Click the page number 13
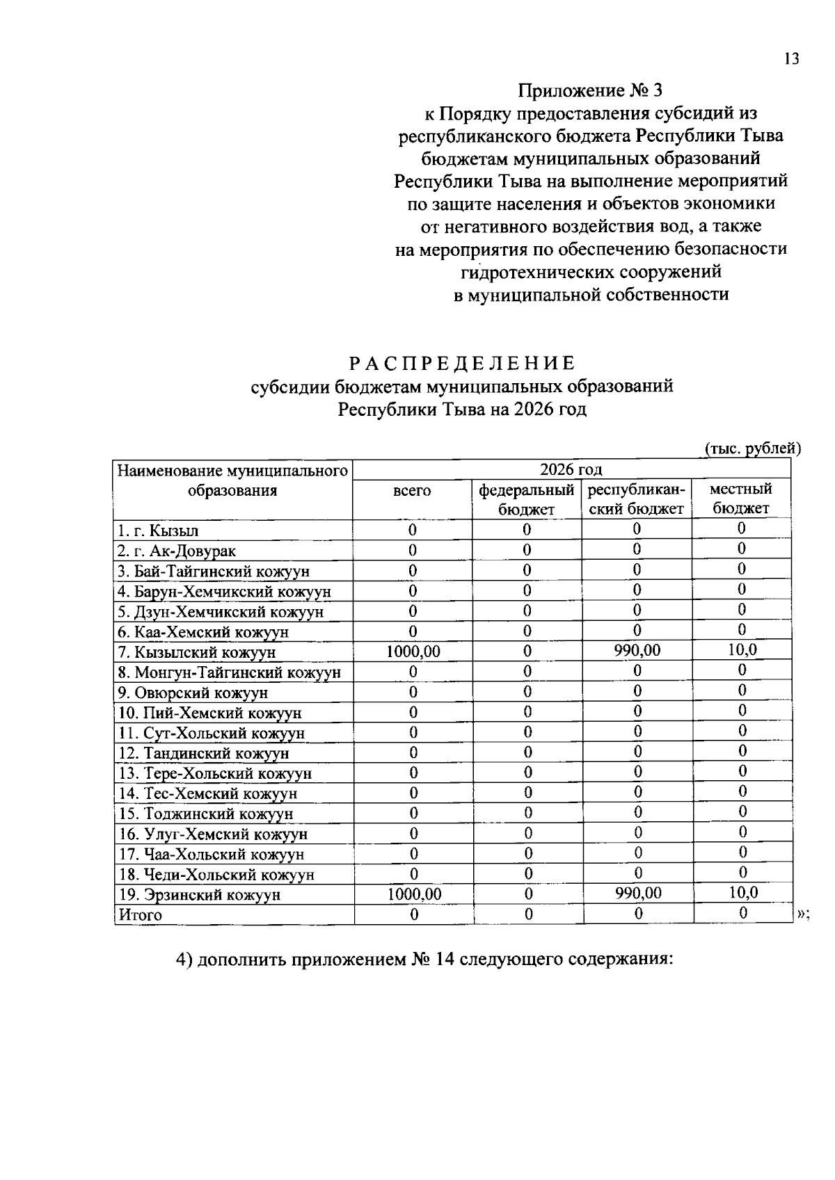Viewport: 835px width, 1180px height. [x=791, y=59]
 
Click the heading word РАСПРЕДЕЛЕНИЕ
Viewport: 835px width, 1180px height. [x=462, y=363]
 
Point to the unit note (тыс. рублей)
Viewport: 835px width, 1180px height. [x=752, y=448]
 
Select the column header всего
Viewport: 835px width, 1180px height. [x=412, y=491]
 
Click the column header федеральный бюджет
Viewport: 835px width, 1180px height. [x=527, y=499]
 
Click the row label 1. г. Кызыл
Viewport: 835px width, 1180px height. [x=158, y=531]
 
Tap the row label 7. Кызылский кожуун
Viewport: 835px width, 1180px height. [x=196, y=652]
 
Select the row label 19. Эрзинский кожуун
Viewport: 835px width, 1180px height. [x=199, y=895]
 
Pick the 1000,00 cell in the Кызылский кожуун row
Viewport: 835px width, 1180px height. [x=413, y=652]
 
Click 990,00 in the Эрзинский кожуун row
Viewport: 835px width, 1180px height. [x=638, y=893]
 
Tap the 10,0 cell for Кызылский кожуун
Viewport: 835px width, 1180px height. [x=742, y=650]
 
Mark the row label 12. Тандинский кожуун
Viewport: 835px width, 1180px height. [x=203, y=753]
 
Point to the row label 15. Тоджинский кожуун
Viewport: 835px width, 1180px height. [x=205, y=814]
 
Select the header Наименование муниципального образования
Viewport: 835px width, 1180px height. [x=232, y=481]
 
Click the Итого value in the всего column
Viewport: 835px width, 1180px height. [x=413, y=914]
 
